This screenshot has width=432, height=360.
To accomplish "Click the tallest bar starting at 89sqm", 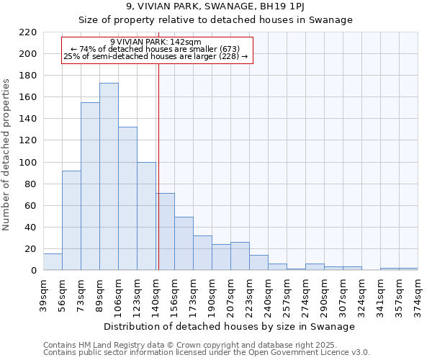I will click(109, 176).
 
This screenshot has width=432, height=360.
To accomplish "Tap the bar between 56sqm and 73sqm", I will click(71, 220).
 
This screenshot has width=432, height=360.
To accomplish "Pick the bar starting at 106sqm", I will click(127, 198).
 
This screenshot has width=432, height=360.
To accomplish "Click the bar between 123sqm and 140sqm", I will click(146, 216).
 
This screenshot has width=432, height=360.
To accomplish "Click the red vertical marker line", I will click(158, 166).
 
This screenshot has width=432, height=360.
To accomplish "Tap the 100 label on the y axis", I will click(27, 163).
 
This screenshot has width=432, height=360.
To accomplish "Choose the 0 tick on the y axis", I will click(33, 271).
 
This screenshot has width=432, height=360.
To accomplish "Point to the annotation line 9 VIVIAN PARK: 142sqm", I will click(156, 42).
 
